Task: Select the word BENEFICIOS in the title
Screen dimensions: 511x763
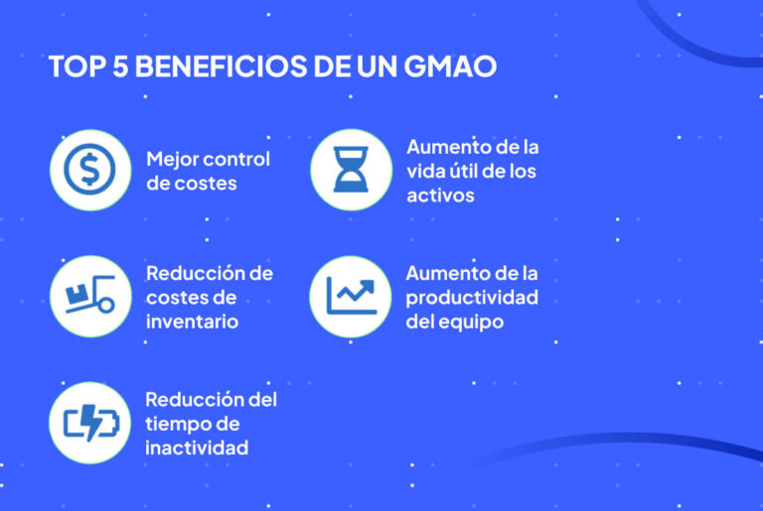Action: pos(226,68)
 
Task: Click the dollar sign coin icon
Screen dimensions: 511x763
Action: pos(89,170)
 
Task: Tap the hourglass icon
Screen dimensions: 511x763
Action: pos(350,170)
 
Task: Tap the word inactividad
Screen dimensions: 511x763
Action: pos(196,448)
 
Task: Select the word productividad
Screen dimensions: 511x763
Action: pos(472,298)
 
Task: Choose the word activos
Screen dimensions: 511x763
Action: pos(440,194)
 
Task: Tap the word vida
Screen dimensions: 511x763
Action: pos(425,171)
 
